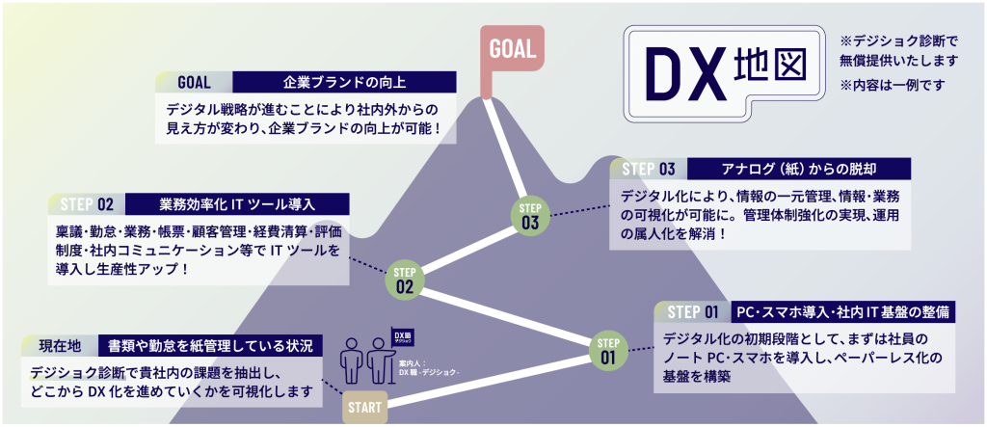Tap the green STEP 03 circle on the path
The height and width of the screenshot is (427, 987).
click(530, 216)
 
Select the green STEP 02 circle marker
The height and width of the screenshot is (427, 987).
click(405, 279)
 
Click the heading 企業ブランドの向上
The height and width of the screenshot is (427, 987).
click(343, 81)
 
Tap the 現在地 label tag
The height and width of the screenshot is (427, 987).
click(60, 345)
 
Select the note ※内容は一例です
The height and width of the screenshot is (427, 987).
click(893, 86)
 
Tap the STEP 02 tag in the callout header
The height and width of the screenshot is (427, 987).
click(87, 204)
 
